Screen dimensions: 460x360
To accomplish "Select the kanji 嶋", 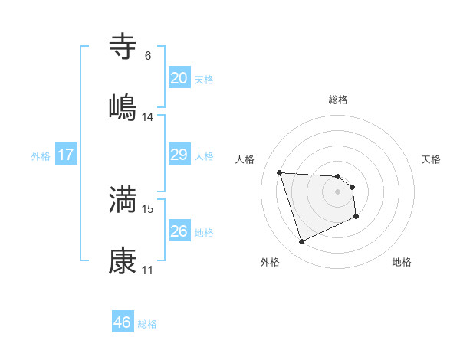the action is pyautogui.click(x=123, y=106).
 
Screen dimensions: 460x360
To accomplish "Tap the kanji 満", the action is pyautogui.click(x=123, y=199).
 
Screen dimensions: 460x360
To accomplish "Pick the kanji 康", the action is pyautogui.click(x=123, y=260).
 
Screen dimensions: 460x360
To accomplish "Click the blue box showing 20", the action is pyautogui.click(x=179, y=78).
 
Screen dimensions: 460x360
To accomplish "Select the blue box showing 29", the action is pyautogui.click(x=179, y=155).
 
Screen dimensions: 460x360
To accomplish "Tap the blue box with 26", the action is pyautogui.click(x=179, y=231).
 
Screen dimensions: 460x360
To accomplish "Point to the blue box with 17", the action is pyautogui.click(x=66, y=155).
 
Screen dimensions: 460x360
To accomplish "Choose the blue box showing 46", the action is pyautogui.click(x=123, y=322).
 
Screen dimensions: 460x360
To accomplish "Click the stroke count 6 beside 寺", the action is pyautogui.click(x=148, y=56).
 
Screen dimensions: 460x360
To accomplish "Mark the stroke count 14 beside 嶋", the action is pyautogui.click(x=148, y=116).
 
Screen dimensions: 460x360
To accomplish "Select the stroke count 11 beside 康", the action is pyautogui.click(x=148, y=270).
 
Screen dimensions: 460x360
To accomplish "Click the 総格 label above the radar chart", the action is pyautogui.click(x=338, y=100).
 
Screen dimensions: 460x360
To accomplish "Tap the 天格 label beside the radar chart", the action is pyautogui.click(x=431, y=159).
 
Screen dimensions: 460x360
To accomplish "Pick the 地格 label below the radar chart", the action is pyautogui.click(x=402, y=262).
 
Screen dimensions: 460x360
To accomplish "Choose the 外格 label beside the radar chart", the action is pyautogui.click(x=270, y=262).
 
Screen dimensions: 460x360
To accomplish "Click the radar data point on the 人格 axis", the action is pyautogui.click(x=280, y=172).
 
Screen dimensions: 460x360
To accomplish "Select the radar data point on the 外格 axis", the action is pyautogui.click(x=301, y=242).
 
